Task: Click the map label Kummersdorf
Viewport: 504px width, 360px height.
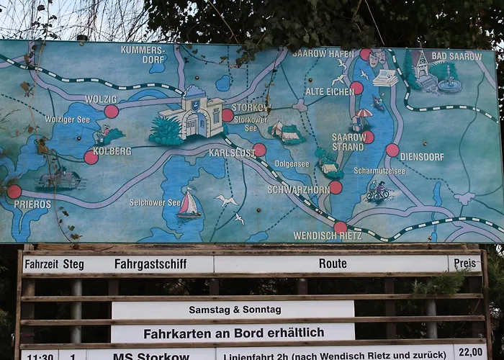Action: [x=143, y=55]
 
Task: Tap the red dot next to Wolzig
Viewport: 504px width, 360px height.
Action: [x=111, y=111]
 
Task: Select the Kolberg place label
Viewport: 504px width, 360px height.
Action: [x=112, y=151]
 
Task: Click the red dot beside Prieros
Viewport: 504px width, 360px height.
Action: [x=14, y=192]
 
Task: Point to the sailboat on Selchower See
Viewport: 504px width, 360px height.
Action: [x=189, y=204]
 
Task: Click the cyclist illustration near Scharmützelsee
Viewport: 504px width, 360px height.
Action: [x=378, y=192]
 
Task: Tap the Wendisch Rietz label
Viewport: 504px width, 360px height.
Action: [x=328, y=235]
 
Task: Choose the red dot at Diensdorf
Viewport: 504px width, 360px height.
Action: [x=392, y=150]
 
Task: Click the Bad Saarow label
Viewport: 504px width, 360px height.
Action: [x=456, y=55]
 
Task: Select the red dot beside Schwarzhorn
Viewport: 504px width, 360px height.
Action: [x=336, y=187]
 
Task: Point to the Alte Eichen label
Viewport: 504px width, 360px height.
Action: [x=328, y=91]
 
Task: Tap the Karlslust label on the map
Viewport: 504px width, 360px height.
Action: [x=233, y=153]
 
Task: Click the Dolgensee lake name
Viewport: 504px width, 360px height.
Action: [x=292, y=164]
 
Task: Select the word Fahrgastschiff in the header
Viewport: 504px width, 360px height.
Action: [x=150, y=264]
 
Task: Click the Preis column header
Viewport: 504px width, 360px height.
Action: [x=464, y=264]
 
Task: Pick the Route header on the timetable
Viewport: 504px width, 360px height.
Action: [x=333, y=264]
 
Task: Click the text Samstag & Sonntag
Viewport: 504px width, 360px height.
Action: [x=235, y=310]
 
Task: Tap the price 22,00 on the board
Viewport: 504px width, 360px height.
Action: [x=470, y=352]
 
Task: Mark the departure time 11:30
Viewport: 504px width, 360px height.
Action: [x=40, y=356]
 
